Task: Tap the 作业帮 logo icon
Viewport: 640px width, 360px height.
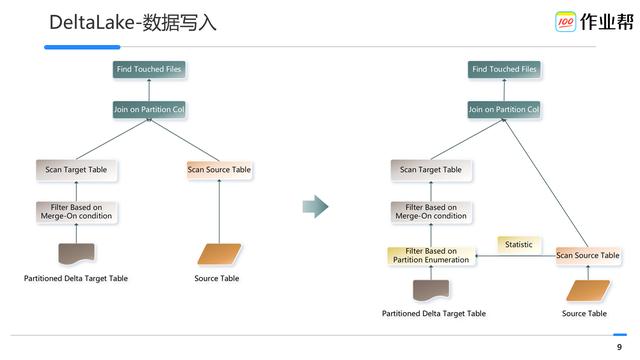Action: tap(565, 21)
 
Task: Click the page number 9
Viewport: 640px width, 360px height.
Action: tap(619, 347)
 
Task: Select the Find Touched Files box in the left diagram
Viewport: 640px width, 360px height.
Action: tap(149, 69)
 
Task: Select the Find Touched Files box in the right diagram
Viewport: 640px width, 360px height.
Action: tap(504, 69)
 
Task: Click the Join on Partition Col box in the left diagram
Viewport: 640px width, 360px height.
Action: tap(149, 109)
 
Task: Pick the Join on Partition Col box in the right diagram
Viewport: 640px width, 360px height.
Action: tap(504, 109)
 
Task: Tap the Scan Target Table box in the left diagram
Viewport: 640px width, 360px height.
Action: tap(76, 170)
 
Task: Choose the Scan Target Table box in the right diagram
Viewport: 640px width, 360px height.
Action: tap(431, 170)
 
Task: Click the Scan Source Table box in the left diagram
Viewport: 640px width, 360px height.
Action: tap(219, 170)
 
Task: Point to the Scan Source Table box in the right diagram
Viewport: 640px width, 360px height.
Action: tap(587, 256)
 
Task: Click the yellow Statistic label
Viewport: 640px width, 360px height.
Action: tap(519, 244)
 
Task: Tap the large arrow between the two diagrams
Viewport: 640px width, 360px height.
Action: tap(315, 207)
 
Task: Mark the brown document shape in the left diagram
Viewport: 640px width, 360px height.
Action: tap(76, 253)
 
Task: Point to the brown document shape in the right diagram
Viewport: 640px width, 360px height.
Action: tap(431, 290)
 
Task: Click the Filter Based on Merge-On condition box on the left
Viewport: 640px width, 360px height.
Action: tap(76, 212)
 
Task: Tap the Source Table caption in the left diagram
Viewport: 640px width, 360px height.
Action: tap(217, 278)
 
